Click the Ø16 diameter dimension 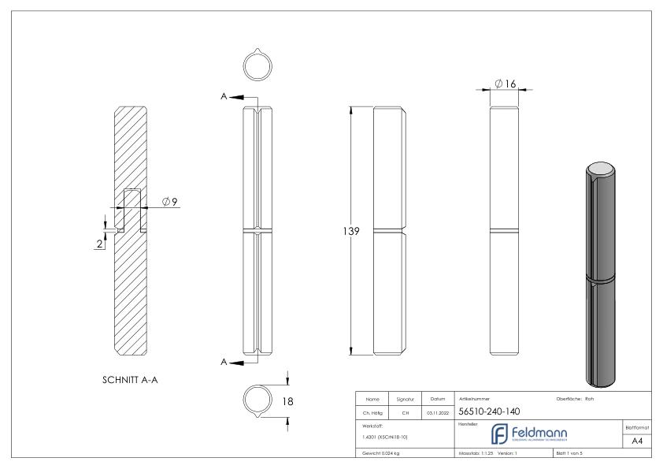[505, 84]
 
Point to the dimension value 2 [99, 244]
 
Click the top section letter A [224, 96]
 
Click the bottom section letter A [224, 362]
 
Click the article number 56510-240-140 [487, 411]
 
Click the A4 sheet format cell [637, 443]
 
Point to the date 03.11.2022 [437, 411]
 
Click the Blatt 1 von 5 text [573, 454]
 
